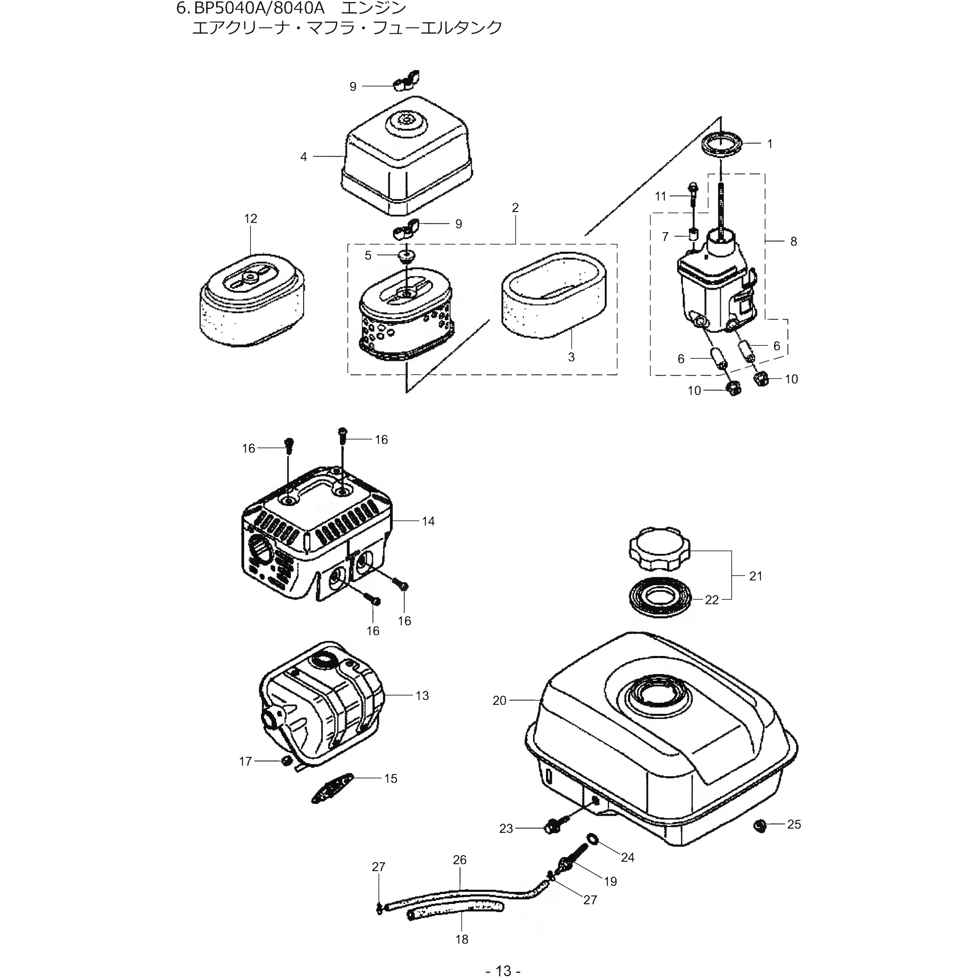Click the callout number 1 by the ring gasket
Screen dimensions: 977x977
(x=770, y=144)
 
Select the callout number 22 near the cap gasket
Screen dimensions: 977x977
(x=712, y=600)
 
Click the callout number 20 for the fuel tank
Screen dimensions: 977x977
(x=499, y=701)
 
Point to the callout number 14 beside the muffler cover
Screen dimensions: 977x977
(x=428, y=521)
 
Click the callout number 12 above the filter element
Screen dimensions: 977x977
(x=250, y=219)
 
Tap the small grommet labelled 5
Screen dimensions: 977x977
(x=404, y=256)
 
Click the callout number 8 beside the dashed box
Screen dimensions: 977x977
(x=793, y=242)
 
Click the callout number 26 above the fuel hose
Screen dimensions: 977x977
(x=459, y=860)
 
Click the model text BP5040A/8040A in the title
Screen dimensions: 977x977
(x=258, y=8)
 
